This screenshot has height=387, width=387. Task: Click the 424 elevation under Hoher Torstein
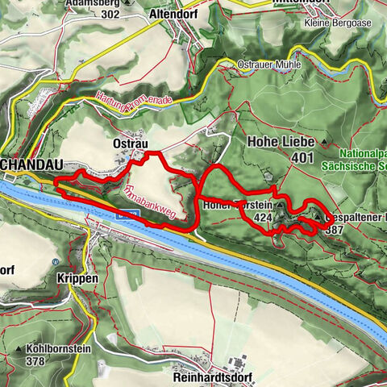pyautogui.click(x=262, y=218)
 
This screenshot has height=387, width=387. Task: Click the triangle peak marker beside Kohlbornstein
pyautogui.click(x=18, y=349)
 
